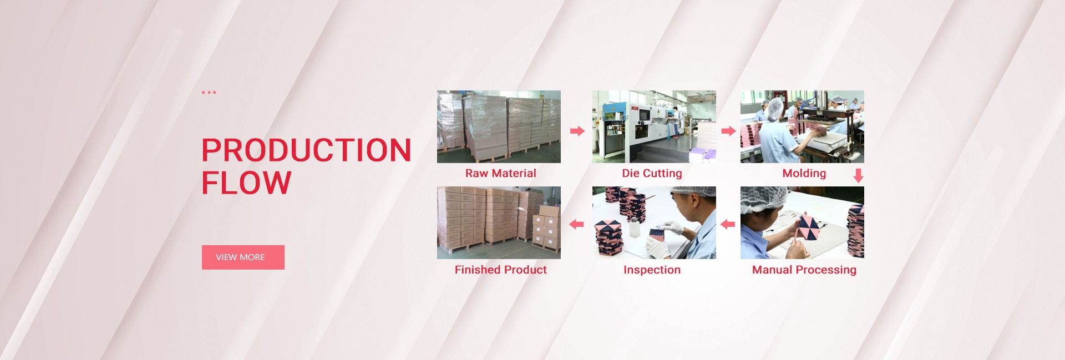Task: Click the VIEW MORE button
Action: click(x=243, y=257)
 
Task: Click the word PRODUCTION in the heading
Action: click(x=306, y=150)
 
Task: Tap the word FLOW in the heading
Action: click(x=246, y=183)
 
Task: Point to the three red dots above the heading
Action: click(x=209, y=92)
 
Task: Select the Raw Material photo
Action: click(x=499, y=126)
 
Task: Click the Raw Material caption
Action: click(x=500, y=173)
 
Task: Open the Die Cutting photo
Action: click(x=654, y=126)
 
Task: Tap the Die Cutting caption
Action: click(x=652, y=173)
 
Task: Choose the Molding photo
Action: click(x=802, y=126)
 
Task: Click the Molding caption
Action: click(x=804, y=173)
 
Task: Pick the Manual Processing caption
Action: click(x=804, y=270)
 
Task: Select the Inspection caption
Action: click(x=652, y=270)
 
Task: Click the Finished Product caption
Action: click(x=500, y=270)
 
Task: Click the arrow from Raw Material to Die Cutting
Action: click(x=577, y=131)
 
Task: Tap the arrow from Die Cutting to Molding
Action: click(x=728, y=131)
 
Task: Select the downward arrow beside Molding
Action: click(x=858, y=176)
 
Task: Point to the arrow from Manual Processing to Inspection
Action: click(x=728, y=224)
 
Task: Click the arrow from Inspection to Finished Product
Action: click(x=577, y=224)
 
